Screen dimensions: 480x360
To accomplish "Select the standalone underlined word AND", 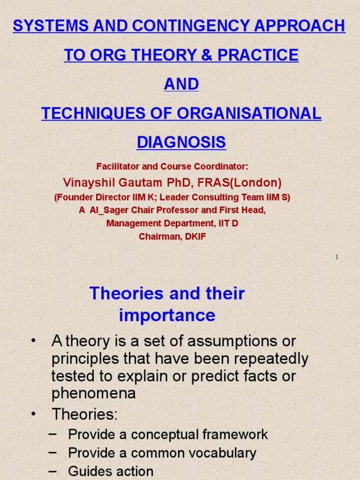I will click(181, 84).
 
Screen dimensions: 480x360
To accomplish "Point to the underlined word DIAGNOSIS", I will click(181, 142).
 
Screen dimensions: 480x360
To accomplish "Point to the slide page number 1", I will click(337, 257).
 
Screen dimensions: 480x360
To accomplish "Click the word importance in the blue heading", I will click(167, 315).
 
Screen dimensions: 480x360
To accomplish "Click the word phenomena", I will click(93, 393).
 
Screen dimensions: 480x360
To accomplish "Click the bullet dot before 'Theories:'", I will click(33, 414).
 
